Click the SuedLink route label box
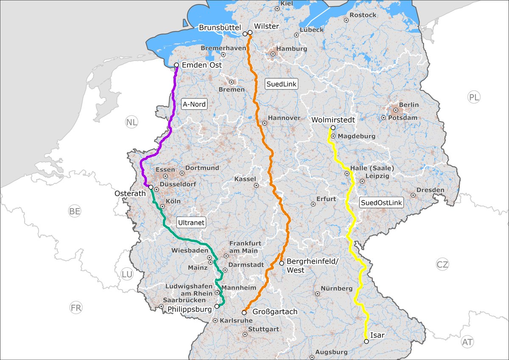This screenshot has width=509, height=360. pyautogui.click(x=282, y=84)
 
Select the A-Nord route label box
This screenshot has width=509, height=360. pyautogui.click(x=194, y=104)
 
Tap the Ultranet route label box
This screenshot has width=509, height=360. pyautogui.click(x=191, y=222)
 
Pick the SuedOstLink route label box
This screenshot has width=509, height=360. pyautogui.click(x=381, y=203)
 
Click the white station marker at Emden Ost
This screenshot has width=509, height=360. pyautogui.click(x=176, y=65)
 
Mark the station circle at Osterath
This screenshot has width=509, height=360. pyautogui.click(x=151, y=187)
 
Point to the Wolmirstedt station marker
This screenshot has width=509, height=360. pyautogui.click(x=333, y=128)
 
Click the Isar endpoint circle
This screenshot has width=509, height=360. pyautogui.click(x=366, y=341)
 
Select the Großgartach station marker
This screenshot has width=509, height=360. pyautogui.click(x=244, y=312)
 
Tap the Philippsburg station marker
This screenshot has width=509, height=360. pyautogui.click(x=217, y=306)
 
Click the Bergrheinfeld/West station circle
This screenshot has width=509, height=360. pyautogui.click(x=281, y=263)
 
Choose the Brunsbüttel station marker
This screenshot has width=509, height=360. pyautogui.click(x=245, y=34)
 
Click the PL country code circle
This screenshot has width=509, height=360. pyautogui.click(x=474, y=97)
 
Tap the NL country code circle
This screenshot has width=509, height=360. pyautogui.click(x=131, y=123)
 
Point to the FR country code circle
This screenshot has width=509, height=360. pyautogui.click(x=76, y=308)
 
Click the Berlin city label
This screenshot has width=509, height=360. pyautogui.click(x=408, y=105)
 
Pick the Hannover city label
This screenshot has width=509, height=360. pyautogui.click(x=284, y=118)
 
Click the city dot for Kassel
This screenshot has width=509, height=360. pyautogui.click(x=256, y=186)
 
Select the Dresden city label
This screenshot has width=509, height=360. pyautogui.click(x=430, y=190)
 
